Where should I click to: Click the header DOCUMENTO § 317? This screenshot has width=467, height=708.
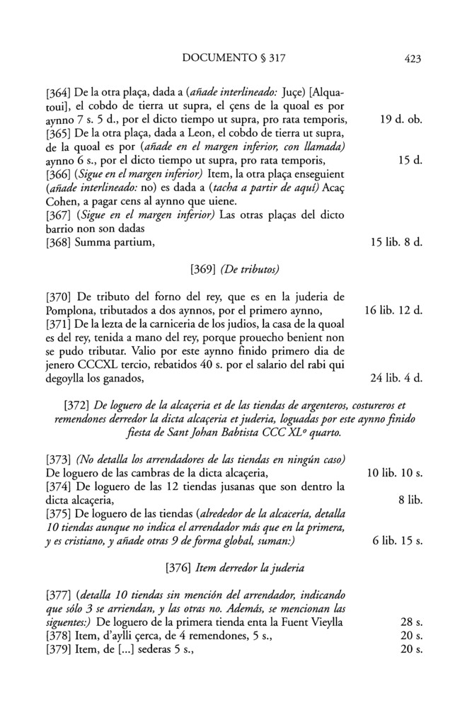(x=233, y=59)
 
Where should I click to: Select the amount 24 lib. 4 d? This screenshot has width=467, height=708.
(x=396, y=377)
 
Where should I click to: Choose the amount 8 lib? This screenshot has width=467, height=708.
(x=410, y=499)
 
